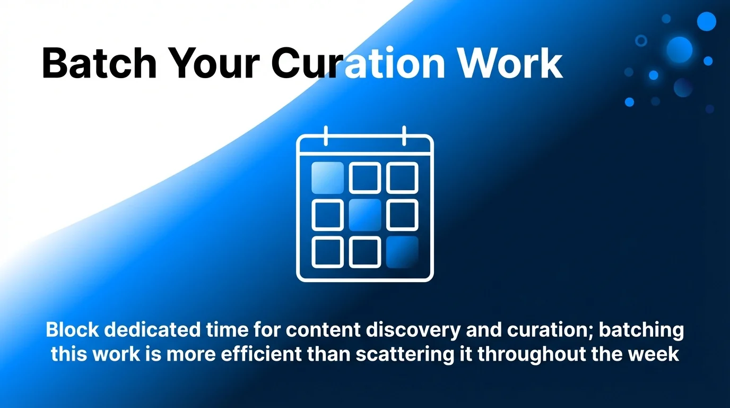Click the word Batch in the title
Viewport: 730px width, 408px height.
pos(99,64)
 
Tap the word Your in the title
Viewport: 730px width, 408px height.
pos(214,64)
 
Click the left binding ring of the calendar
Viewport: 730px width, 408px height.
pos(326,135)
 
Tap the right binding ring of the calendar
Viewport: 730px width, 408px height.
pos(404,135)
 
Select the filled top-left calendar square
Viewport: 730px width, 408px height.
pos(327,177)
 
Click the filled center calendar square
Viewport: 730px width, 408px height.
pos(365,215)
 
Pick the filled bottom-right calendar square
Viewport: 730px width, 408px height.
pos(402,252)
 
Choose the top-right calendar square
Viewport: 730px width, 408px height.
pos(402,177)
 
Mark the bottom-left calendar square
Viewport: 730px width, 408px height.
pos(327,252)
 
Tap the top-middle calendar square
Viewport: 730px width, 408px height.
pos(365,177)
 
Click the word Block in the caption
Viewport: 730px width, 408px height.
pos(71,330)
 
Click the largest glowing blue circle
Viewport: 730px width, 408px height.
pos(680,50)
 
